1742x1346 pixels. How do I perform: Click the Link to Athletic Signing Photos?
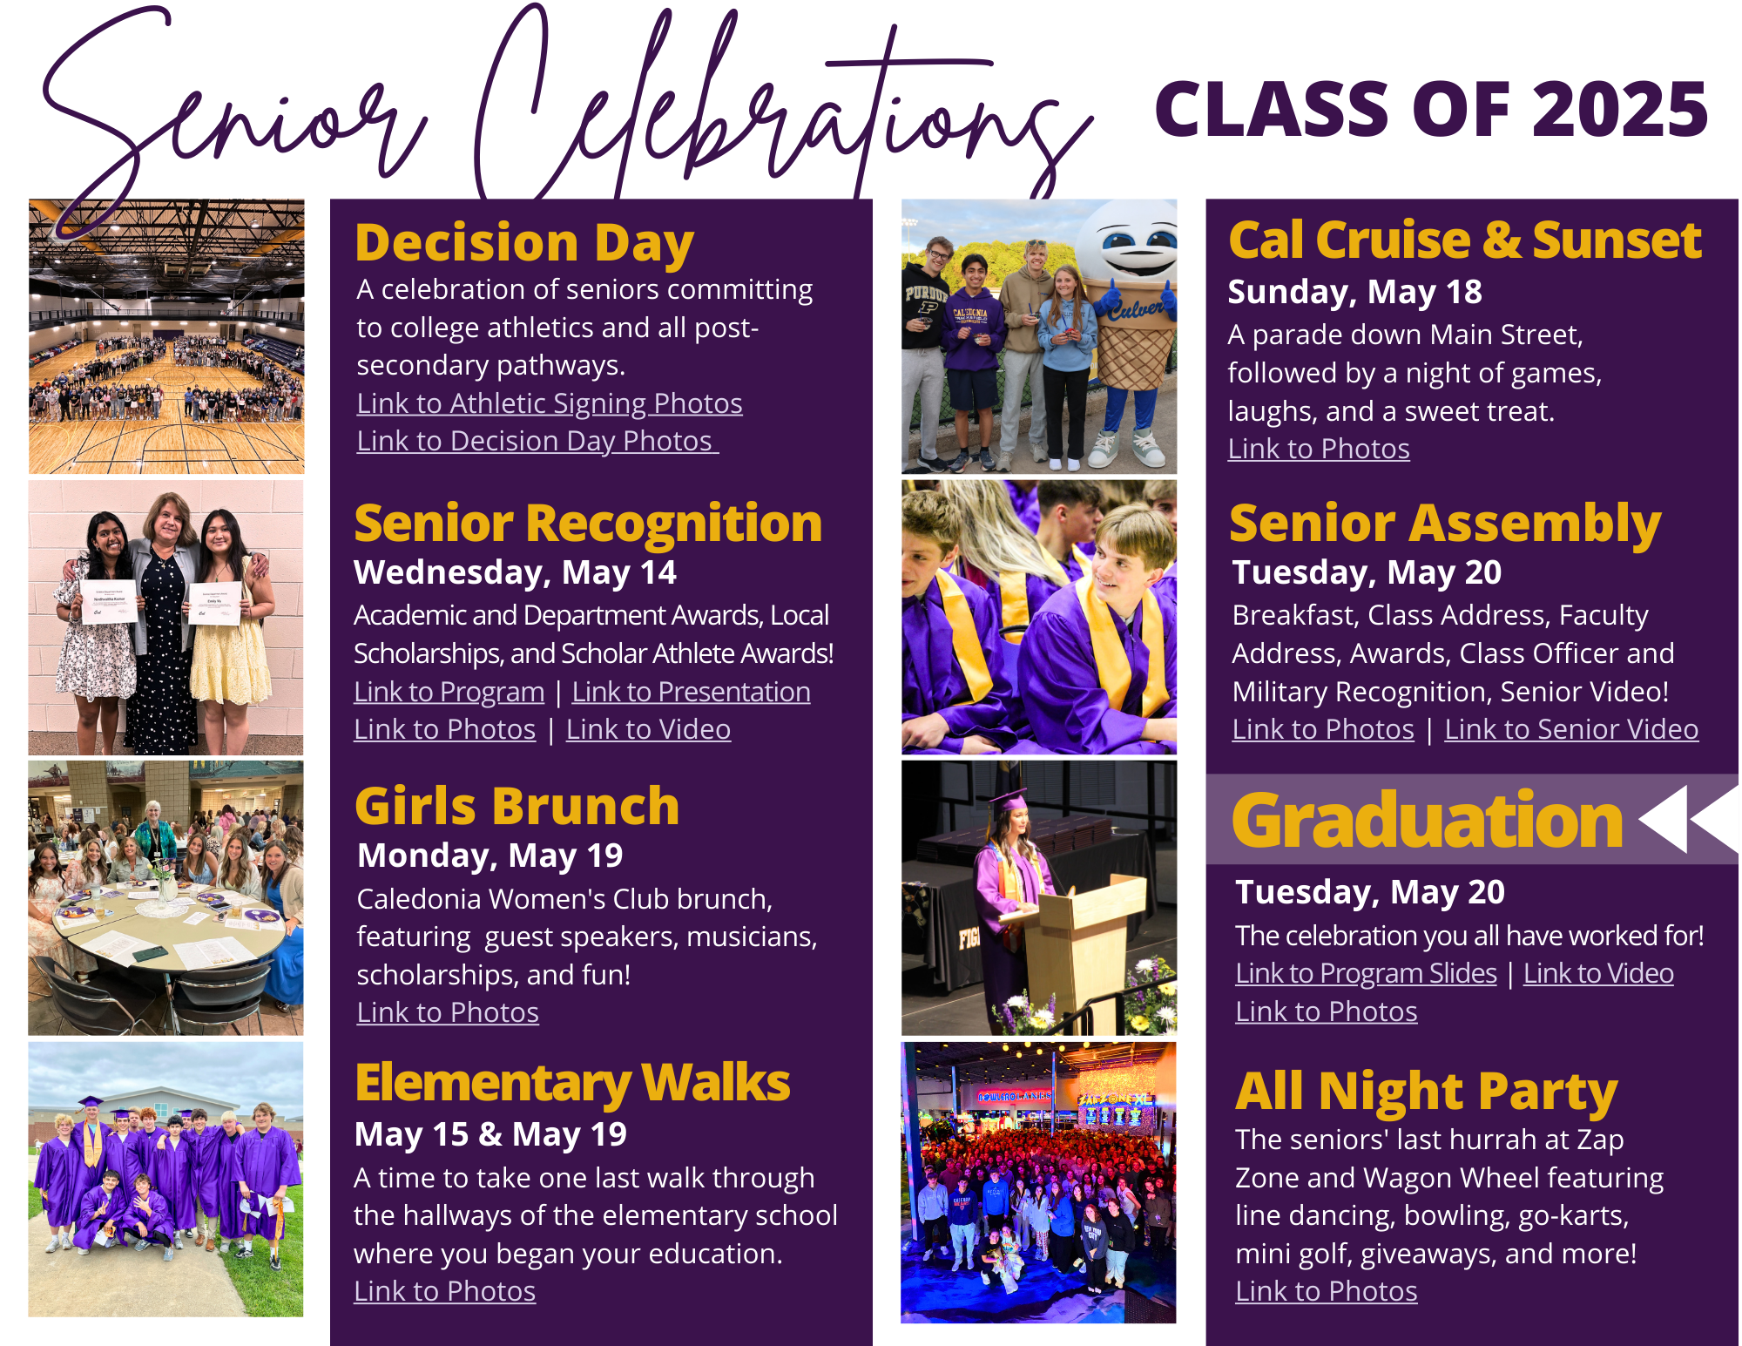pyautogui.click(x=550, y=403)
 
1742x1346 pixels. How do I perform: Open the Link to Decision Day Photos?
pyautogui.click(x=537, y=441)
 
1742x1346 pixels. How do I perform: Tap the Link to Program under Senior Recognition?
pyautogui.click(x=449, y=692)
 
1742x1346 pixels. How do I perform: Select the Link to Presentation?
pyautogui.click(x=691, y=692)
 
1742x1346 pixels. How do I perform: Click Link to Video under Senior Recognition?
pyautogui.click(x=648, y=729)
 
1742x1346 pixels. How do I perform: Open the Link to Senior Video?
pyautogui.click(x=1571, y=729)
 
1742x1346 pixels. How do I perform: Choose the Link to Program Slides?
pyautogui.click(x=1366, y=973)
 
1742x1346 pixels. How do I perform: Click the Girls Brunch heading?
pyautogui.click(x=517, y=806)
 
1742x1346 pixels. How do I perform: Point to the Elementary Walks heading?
pyautogui.click(x=572, y=1084)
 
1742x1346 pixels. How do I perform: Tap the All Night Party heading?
pyautogui.click(x=1427, y=1092)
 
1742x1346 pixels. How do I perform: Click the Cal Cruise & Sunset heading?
pyautogui.click(x=1465, y=240)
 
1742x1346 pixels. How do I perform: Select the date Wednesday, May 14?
pyautogui.click(x=515, y=572)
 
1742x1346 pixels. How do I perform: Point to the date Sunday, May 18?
pyautogui.click(x=1354, y=292)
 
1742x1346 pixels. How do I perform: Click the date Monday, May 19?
pyautogui.click(x=490, y=856)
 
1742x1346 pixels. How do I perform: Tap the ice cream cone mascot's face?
pyautogui.click(x=1128, y=244)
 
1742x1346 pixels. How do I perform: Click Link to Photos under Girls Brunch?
pyautogui.click(x=448, y=1012)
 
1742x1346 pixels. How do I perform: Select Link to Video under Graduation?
pyautogui.click(x=1598, y=973)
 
